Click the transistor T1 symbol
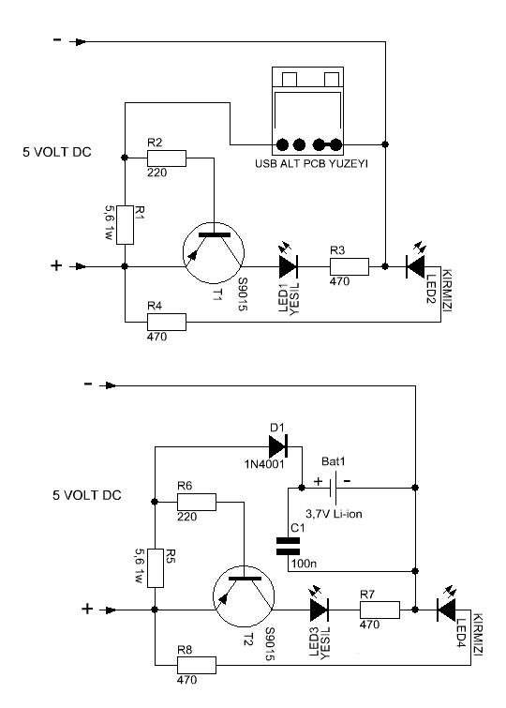(x=214, y=253)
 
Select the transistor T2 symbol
(x=244, y=596)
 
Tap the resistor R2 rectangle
(x=167, y=158)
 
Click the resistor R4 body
(x=167, y=322)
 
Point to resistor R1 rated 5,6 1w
(x=125, y=225)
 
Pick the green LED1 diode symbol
(x=288, y=265)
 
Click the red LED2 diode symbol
(x=415, y=265)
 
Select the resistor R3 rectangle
(x=350, y=266)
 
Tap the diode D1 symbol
(x=278, y=446)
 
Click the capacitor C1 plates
(x=288, y=546)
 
